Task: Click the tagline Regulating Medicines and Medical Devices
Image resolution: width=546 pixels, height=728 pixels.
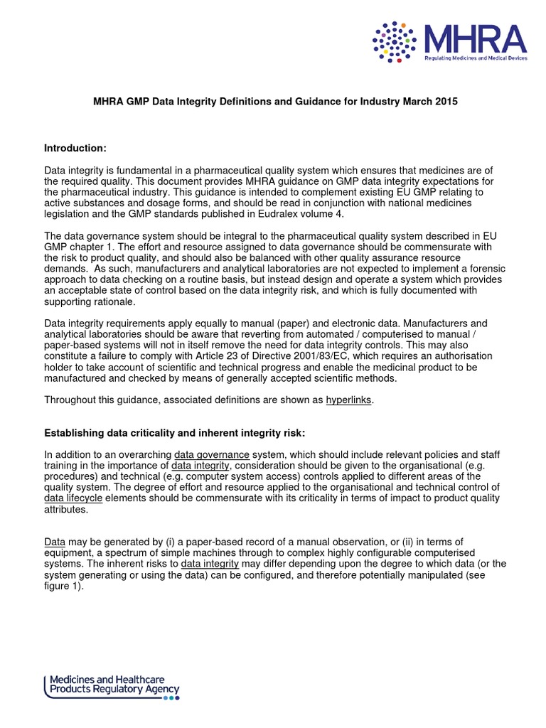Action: [476, 58]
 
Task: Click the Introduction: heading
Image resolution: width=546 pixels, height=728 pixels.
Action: [75, 148]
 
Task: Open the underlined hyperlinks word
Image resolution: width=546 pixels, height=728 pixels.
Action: [348, 400]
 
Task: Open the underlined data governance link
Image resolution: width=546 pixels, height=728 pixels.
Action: [212, 454]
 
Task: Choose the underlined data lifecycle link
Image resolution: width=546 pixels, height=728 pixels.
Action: [74, 498]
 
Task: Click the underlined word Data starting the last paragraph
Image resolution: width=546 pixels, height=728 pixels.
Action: [55, 542]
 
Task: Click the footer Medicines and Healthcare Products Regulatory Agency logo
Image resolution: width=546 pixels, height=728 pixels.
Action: [112, 684]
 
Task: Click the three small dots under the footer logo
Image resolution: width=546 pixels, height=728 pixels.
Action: [171, 698]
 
